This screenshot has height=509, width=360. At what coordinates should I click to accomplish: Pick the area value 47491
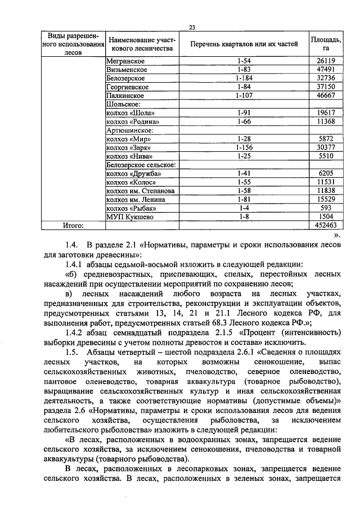[x=326, y=69]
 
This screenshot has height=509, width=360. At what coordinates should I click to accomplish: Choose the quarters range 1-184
[x=244, y=78]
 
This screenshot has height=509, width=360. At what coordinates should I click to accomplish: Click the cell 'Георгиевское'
[x=128, y=87]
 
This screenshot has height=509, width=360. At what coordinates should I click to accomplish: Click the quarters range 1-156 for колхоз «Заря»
[x=244, y=147]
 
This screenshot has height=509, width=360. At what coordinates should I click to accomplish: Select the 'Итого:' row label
[x=73, y=226]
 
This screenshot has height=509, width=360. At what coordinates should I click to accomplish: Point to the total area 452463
[x=325, y=226]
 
